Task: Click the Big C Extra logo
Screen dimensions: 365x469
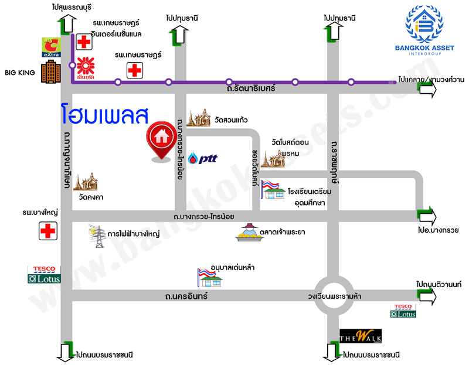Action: [x=50, y=47]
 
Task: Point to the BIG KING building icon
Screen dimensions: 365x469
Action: [x=50, y=73]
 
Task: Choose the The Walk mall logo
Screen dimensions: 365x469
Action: [x=355, y=336]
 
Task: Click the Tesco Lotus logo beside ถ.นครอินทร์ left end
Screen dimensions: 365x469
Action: [x=45, y=274]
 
